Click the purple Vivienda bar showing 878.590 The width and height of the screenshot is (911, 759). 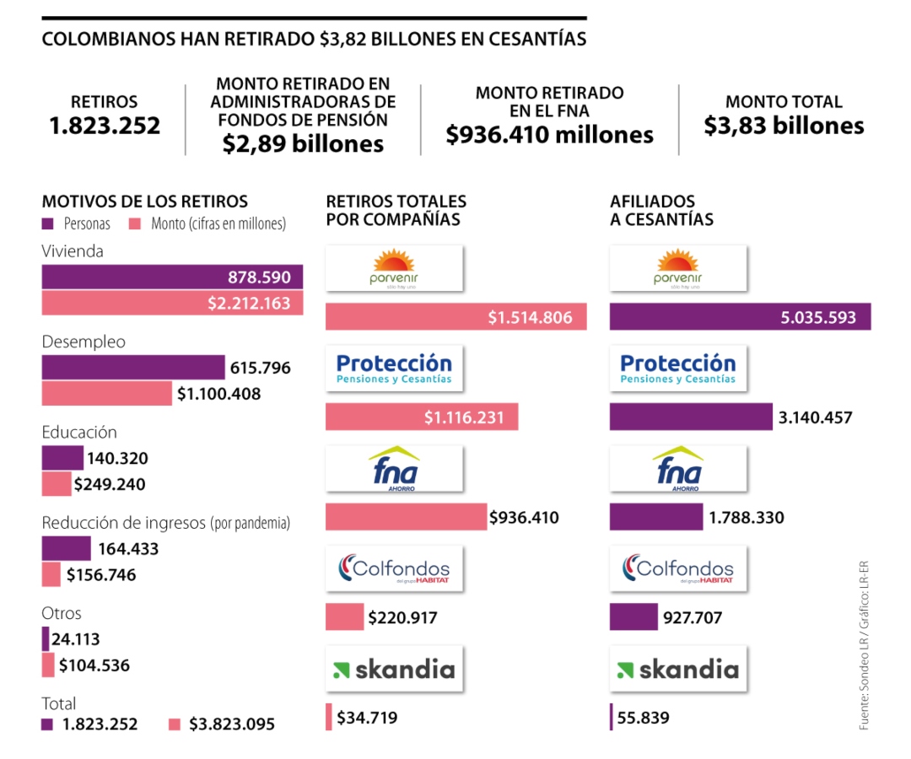(172, 277)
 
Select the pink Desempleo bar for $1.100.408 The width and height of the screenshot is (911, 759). (106, 394)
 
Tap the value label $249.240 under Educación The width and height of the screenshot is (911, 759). (109, 485)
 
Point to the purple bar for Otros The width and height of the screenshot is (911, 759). (46, 639)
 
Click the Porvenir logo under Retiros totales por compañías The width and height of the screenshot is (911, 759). (395, 268)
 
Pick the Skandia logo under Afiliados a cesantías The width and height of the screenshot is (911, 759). (678, 670)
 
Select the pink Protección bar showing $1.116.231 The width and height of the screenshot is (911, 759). (422, 417)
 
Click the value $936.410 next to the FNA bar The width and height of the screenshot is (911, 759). (524, 517)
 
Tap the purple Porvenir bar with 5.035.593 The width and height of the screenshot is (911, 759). (740, 318)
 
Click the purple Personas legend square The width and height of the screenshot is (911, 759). (47, 224)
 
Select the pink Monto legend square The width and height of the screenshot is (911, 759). (134, 224)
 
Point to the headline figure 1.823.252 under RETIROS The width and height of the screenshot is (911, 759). (104, 126)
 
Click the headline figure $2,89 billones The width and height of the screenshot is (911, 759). (303, 144)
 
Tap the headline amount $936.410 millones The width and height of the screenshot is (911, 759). (549, 134)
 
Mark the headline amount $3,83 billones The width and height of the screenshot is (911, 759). (784, 126)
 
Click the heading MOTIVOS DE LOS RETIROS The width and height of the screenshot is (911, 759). (145, 202)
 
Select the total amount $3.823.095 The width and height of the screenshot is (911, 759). (231, 724)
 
